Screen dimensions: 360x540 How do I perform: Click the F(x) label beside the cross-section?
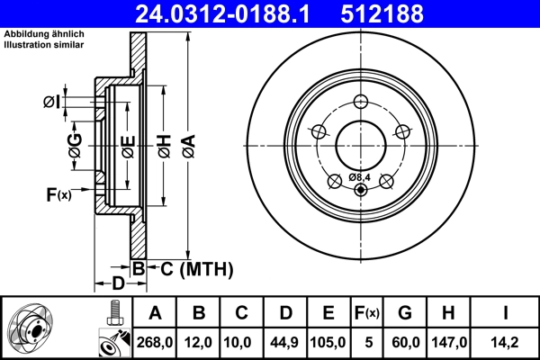coord(58,194)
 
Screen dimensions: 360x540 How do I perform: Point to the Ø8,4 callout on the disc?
coord(360,176)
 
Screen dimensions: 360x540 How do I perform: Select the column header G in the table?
coord(404,313)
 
